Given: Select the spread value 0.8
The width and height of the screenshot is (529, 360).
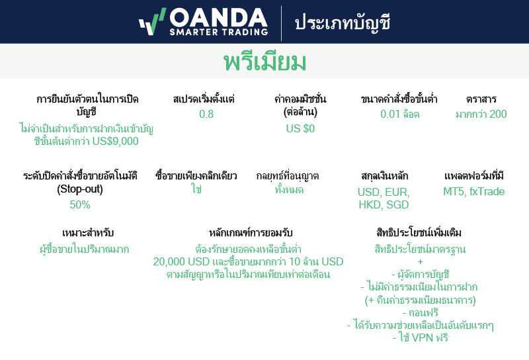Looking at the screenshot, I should [x=206, y=114].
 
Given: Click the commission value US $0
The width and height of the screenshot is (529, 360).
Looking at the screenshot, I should [x=300, y=128].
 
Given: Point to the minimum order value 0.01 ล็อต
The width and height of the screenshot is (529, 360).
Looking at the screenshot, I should [x=399, y=114].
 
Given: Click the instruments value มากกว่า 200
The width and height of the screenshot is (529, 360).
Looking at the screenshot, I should [x=481, y=114].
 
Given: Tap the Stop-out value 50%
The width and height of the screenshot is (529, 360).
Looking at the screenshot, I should [x=80, y=204].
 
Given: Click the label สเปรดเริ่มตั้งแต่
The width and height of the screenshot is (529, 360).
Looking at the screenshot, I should [x=204, y=99].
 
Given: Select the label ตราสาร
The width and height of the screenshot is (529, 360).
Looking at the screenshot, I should [x=481, y=99].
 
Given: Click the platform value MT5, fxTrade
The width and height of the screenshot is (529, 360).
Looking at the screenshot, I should [x=473, y=192].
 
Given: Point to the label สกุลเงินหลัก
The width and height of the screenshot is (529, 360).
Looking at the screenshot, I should [x=385, y=176].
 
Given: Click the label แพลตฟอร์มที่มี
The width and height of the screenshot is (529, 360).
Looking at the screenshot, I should [x=474, y=176].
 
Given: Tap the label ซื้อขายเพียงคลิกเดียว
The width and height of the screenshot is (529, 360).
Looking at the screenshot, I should [x=196, y=176].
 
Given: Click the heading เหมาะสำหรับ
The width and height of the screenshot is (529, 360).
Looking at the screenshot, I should [x=84, y=233].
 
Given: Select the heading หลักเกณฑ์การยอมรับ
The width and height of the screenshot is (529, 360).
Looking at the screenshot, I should [x=251, y=233].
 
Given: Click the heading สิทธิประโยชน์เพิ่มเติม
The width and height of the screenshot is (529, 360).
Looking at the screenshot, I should [x=419, y=233].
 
